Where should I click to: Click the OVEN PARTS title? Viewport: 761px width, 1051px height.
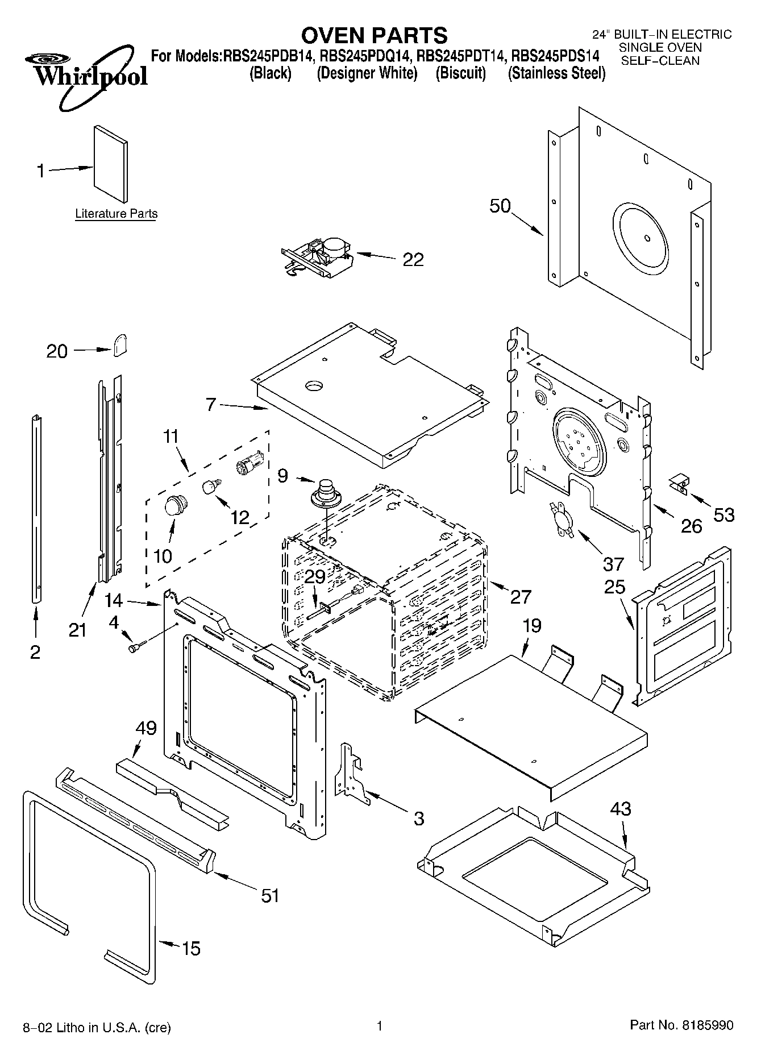(374, 35)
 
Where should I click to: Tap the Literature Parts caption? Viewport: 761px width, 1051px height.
(116, 214)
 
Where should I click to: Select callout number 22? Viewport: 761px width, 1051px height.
(413, 260)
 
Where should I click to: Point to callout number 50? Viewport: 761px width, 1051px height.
(500, 206)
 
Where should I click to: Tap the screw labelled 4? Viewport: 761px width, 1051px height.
(136, 647)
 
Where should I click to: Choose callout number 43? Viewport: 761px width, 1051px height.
(621, 808)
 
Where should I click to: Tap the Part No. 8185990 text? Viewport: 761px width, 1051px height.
(681, 1025)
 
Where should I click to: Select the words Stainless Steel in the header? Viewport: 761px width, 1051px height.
(556, 73)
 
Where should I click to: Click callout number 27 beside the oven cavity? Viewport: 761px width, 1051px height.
(520, 596)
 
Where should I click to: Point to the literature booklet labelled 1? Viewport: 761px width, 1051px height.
(111, 164)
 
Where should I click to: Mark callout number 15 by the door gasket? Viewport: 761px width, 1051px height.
(191, 948)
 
